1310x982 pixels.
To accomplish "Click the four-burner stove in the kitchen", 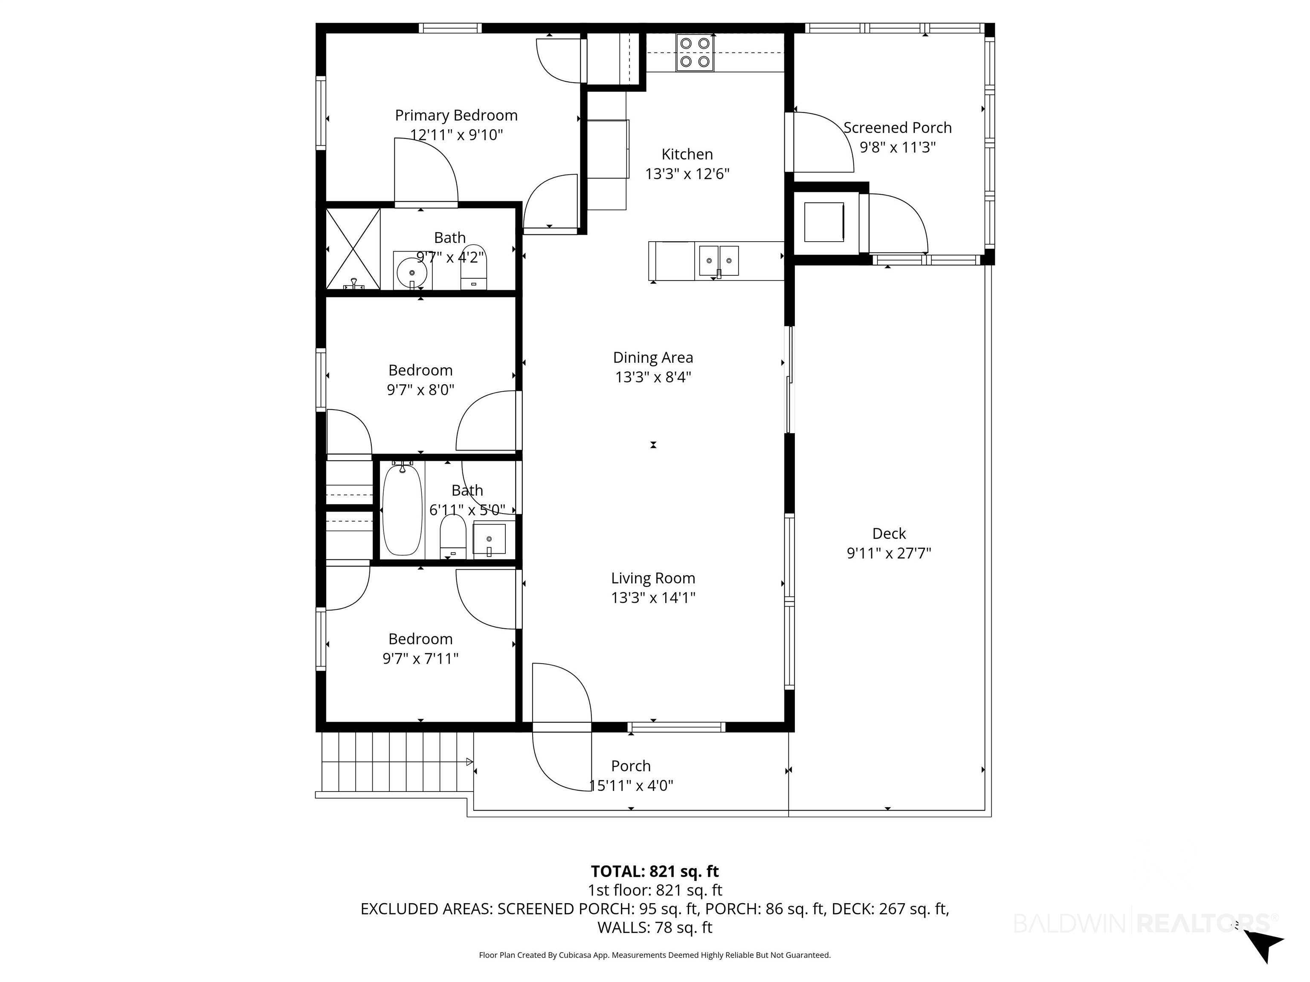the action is click(695, 53).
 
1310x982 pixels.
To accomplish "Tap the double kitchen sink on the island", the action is click(719, 261).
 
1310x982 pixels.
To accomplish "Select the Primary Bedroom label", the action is click(456, 116).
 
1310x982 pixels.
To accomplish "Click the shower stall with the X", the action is click(353, 248).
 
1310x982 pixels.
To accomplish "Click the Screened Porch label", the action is click(897, 128).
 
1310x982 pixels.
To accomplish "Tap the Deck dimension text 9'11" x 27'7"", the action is click(889, 553).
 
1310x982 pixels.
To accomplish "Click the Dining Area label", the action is click(652, 358).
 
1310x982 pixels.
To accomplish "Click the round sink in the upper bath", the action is click(412, 272).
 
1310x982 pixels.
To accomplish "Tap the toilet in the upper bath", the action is click(473, 267).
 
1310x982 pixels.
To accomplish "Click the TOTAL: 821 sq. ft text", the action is click(655, 871).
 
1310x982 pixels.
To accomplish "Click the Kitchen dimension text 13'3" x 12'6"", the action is click(687, 174).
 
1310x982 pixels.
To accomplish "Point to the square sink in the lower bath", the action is click(489, 539).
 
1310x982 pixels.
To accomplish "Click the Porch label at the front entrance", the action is click(631, 766).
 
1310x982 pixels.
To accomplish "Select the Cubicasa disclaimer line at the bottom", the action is click(655, 955).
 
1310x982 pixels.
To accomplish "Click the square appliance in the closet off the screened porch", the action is click(824, 222).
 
